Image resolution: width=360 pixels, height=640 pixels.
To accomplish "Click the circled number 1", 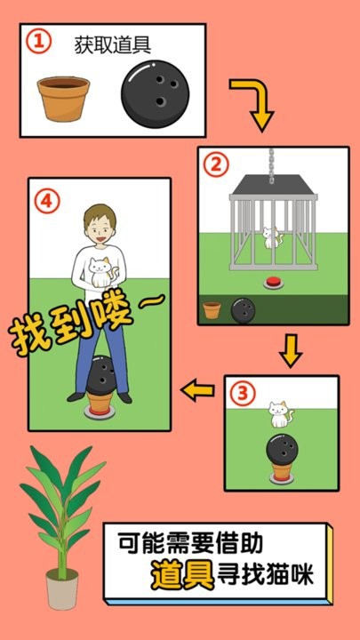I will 36,42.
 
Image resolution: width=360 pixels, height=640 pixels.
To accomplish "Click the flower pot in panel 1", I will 63,98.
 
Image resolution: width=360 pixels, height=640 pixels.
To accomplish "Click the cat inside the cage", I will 271,239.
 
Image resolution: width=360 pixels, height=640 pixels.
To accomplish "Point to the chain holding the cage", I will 273,160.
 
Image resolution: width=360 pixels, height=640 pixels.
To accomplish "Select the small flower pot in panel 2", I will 212,309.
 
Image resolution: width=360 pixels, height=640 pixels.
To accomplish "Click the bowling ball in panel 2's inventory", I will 242,309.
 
